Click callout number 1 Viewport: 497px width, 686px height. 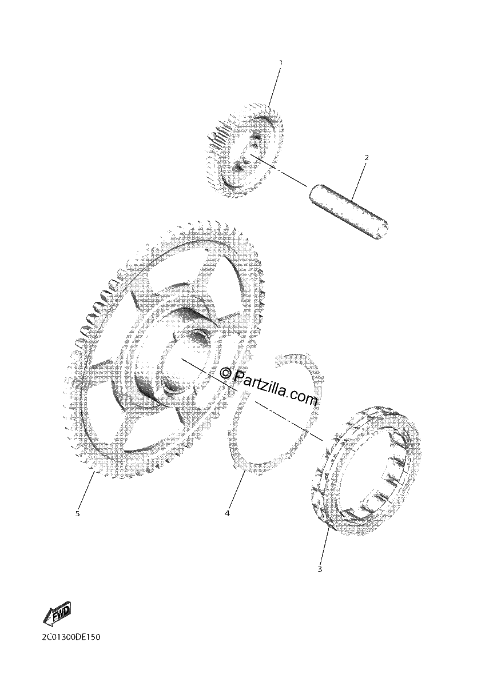pos(280,63)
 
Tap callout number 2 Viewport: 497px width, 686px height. pos(367,158)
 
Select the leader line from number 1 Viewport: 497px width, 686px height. pos(275,87)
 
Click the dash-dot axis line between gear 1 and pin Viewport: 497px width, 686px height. pos(278,170)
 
